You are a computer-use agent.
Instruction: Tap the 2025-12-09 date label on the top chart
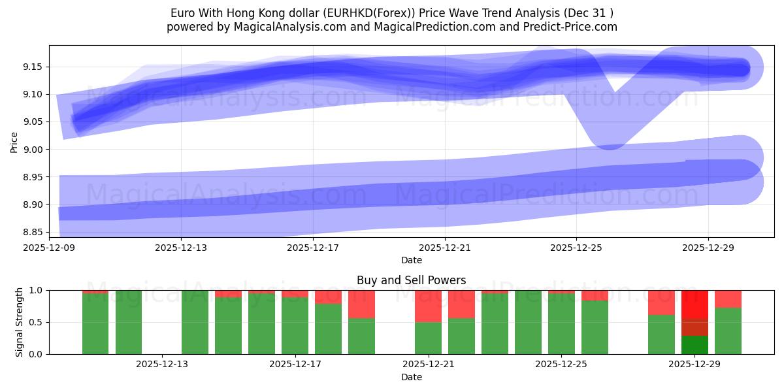(49, 248)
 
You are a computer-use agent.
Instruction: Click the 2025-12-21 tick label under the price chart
(444, 248)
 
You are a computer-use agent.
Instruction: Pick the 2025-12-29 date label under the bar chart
(694, 365)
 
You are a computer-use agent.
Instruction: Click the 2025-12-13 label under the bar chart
(161, 365)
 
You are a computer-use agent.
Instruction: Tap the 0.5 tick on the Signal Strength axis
(37, 322)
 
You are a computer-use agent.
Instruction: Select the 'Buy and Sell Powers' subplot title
(411, 280)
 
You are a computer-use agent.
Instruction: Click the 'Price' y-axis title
(14, 141)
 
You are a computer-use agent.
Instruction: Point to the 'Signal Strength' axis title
(20, 322)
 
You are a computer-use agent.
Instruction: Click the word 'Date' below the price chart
(411, 260)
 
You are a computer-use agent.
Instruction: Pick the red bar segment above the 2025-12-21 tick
(428, 306)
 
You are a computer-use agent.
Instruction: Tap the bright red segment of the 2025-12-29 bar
(694, 304)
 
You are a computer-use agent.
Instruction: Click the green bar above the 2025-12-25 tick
(561, 324)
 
